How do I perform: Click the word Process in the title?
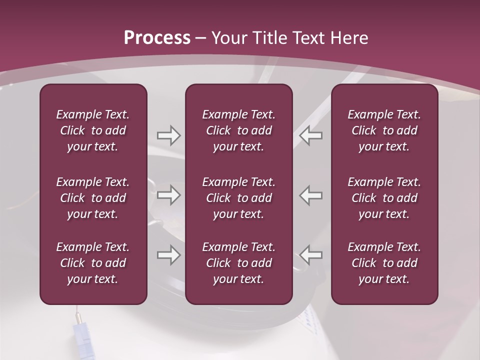tap(157, 38)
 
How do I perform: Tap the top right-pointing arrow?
tap(168, 135)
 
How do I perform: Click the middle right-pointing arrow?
tap(168, 195)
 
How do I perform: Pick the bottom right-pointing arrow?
tap(168, 255)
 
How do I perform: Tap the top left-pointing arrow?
tap(310, 135)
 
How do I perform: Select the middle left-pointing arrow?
tap(310, 195)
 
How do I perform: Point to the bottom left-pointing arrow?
tap(310, 255)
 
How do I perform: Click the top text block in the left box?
tap(93, 130)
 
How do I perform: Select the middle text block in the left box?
tap(93, 198)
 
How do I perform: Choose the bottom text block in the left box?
tap(93, 263)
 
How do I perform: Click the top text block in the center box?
tap(238, 130)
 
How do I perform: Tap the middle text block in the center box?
tap(238, 198)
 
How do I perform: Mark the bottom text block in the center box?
tap(238, 263)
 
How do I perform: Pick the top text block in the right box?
tap(384, 130)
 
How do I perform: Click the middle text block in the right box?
tap(384, 198)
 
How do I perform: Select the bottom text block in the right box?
tap(384, 263)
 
